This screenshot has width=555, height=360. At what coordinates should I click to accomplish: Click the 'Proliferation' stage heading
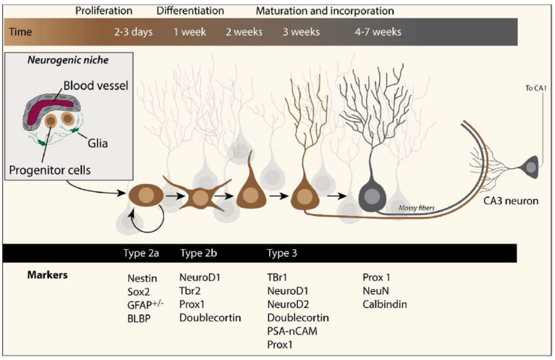tap(104, 11)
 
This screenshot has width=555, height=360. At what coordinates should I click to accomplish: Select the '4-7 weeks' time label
tap(379, 32)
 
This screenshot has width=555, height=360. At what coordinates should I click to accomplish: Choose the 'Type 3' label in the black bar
tap(282, 254)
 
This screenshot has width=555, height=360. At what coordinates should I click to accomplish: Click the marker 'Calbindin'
tap(385, 305)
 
